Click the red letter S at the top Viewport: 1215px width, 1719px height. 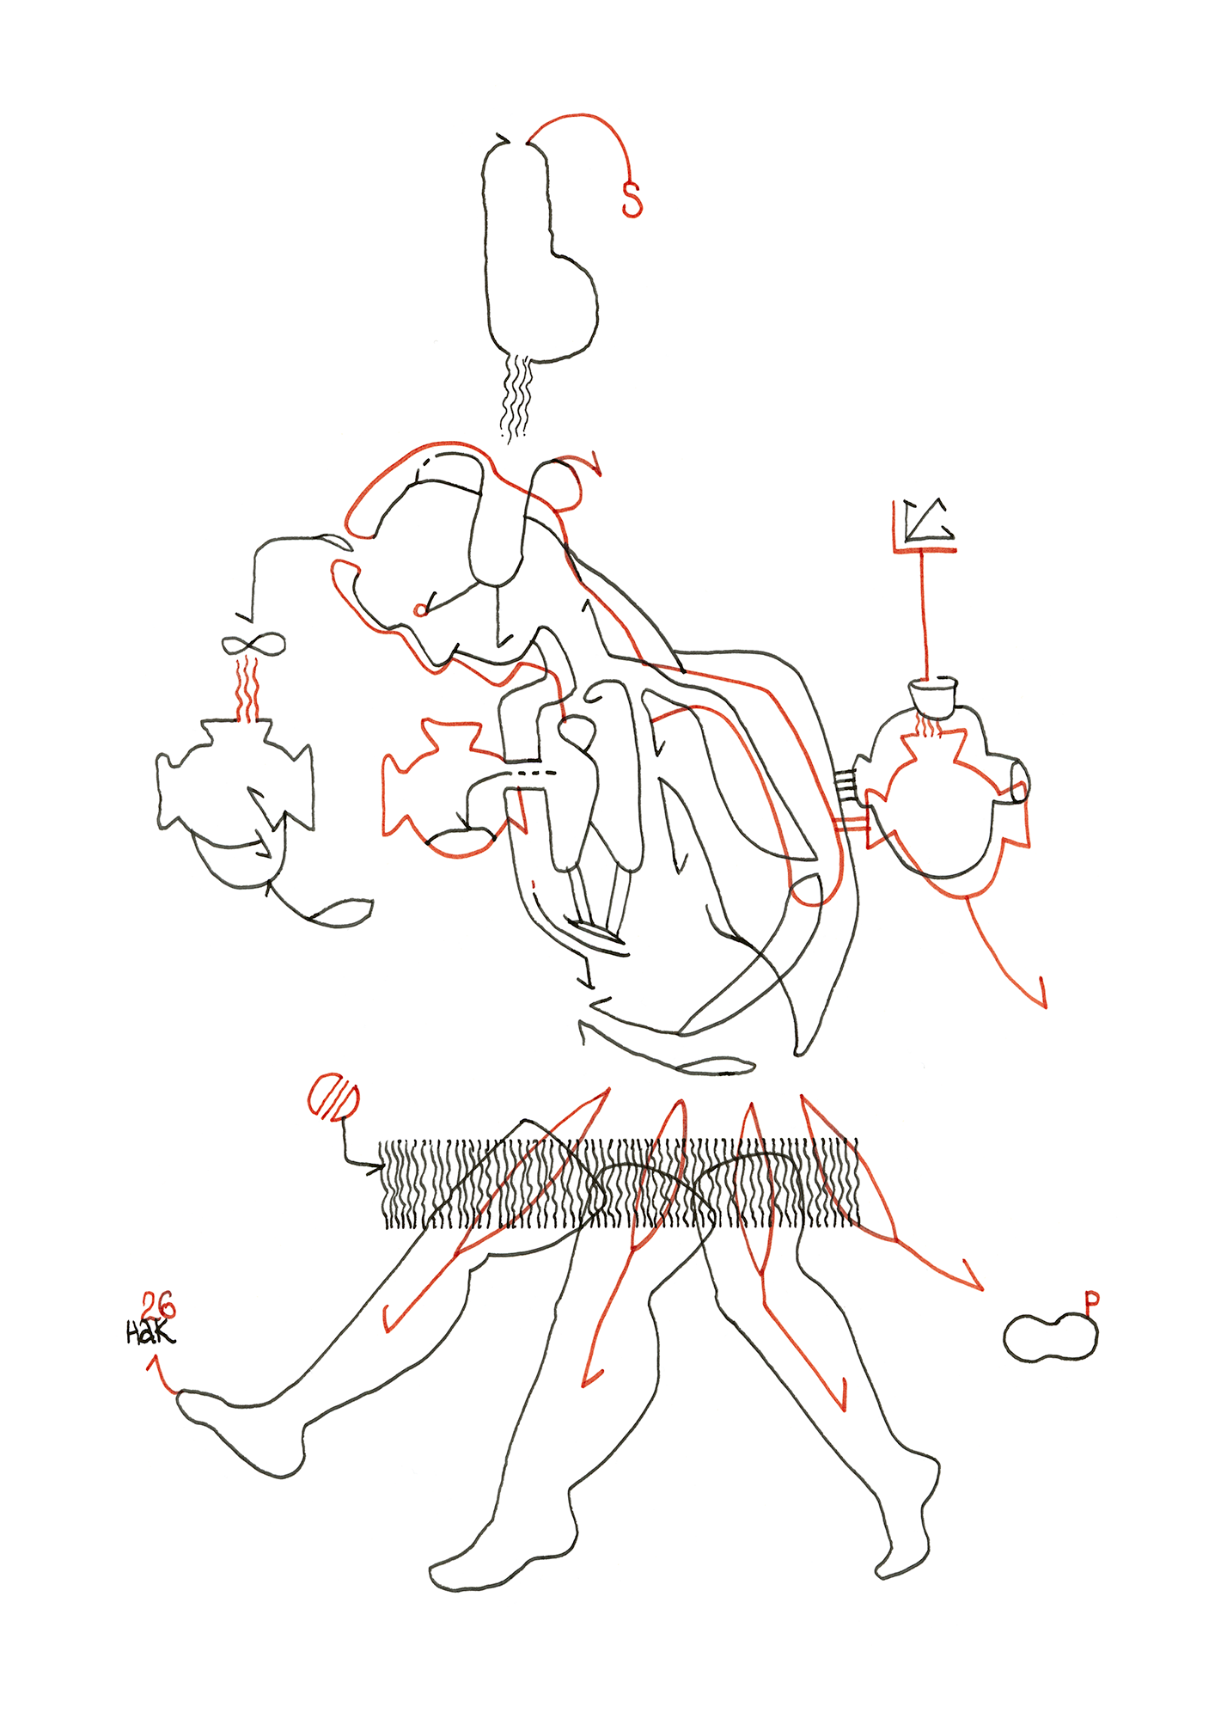pyautogui.click(x=632, y=199)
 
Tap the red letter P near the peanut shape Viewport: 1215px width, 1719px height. pyautogui.click(x=1091, y=1302)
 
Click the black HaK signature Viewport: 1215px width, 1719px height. pyautogui.click(x=150, y=1333)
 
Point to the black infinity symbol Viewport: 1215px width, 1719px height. pyautogui.click(x=253, y=644)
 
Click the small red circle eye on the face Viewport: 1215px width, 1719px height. pyautogui.click(x=420, y=610)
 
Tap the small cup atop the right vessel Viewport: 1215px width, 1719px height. pyautogui.click(x=933, y=695)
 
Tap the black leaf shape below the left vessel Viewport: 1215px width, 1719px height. pyautogui.click(x=344, y=913)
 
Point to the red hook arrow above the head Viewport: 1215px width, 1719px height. pyautogui.click(x=591, y=464)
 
